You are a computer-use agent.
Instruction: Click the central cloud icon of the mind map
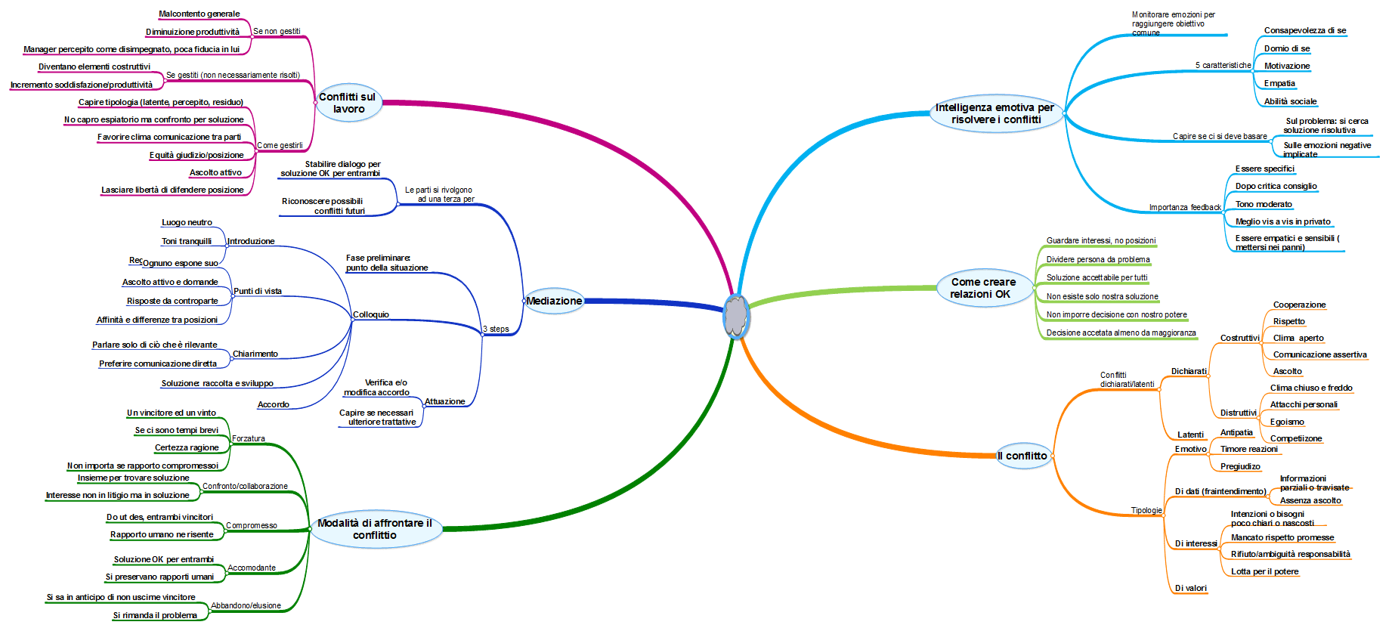point(735,316)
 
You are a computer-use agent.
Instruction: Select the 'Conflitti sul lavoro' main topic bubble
point(348,103)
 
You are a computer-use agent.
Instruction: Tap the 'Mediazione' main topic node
point(554,301)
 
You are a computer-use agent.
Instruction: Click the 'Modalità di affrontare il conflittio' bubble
point(375,529)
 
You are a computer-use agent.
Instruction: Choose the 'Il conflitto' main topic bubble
point(1022,456)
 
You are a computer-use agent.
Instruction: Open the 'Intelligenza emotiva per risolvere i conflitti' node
point(995,113)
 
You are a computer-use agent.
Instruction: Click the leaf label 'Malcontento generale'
point(200,14)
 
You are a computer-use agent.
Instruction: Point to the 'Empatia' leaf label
point(1279,83)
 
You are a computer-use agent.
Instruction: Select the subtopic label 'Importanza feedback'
point(1184,207)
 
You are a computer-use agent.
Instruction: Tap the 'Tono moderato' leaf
point(1264,204)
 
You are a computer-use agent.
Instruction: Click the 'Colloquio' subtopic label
point(371,314)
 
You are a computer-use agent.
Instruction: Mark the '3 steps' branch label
point(496,329)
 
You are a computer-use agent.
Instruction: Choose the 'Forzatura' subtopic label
point(249,438)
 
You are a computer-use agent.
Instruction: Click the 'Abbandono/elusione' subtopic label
point(246,605)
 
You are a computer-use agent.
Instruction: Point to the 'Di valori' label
point(1190,588)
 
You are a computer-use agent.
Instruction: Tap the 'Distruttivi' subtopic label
point(1238,413)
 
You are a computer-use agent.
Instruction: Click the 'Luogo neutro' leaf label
point(187,222)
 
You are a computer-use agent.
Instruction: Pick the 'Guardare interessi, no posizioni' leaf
point(1100,240)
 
